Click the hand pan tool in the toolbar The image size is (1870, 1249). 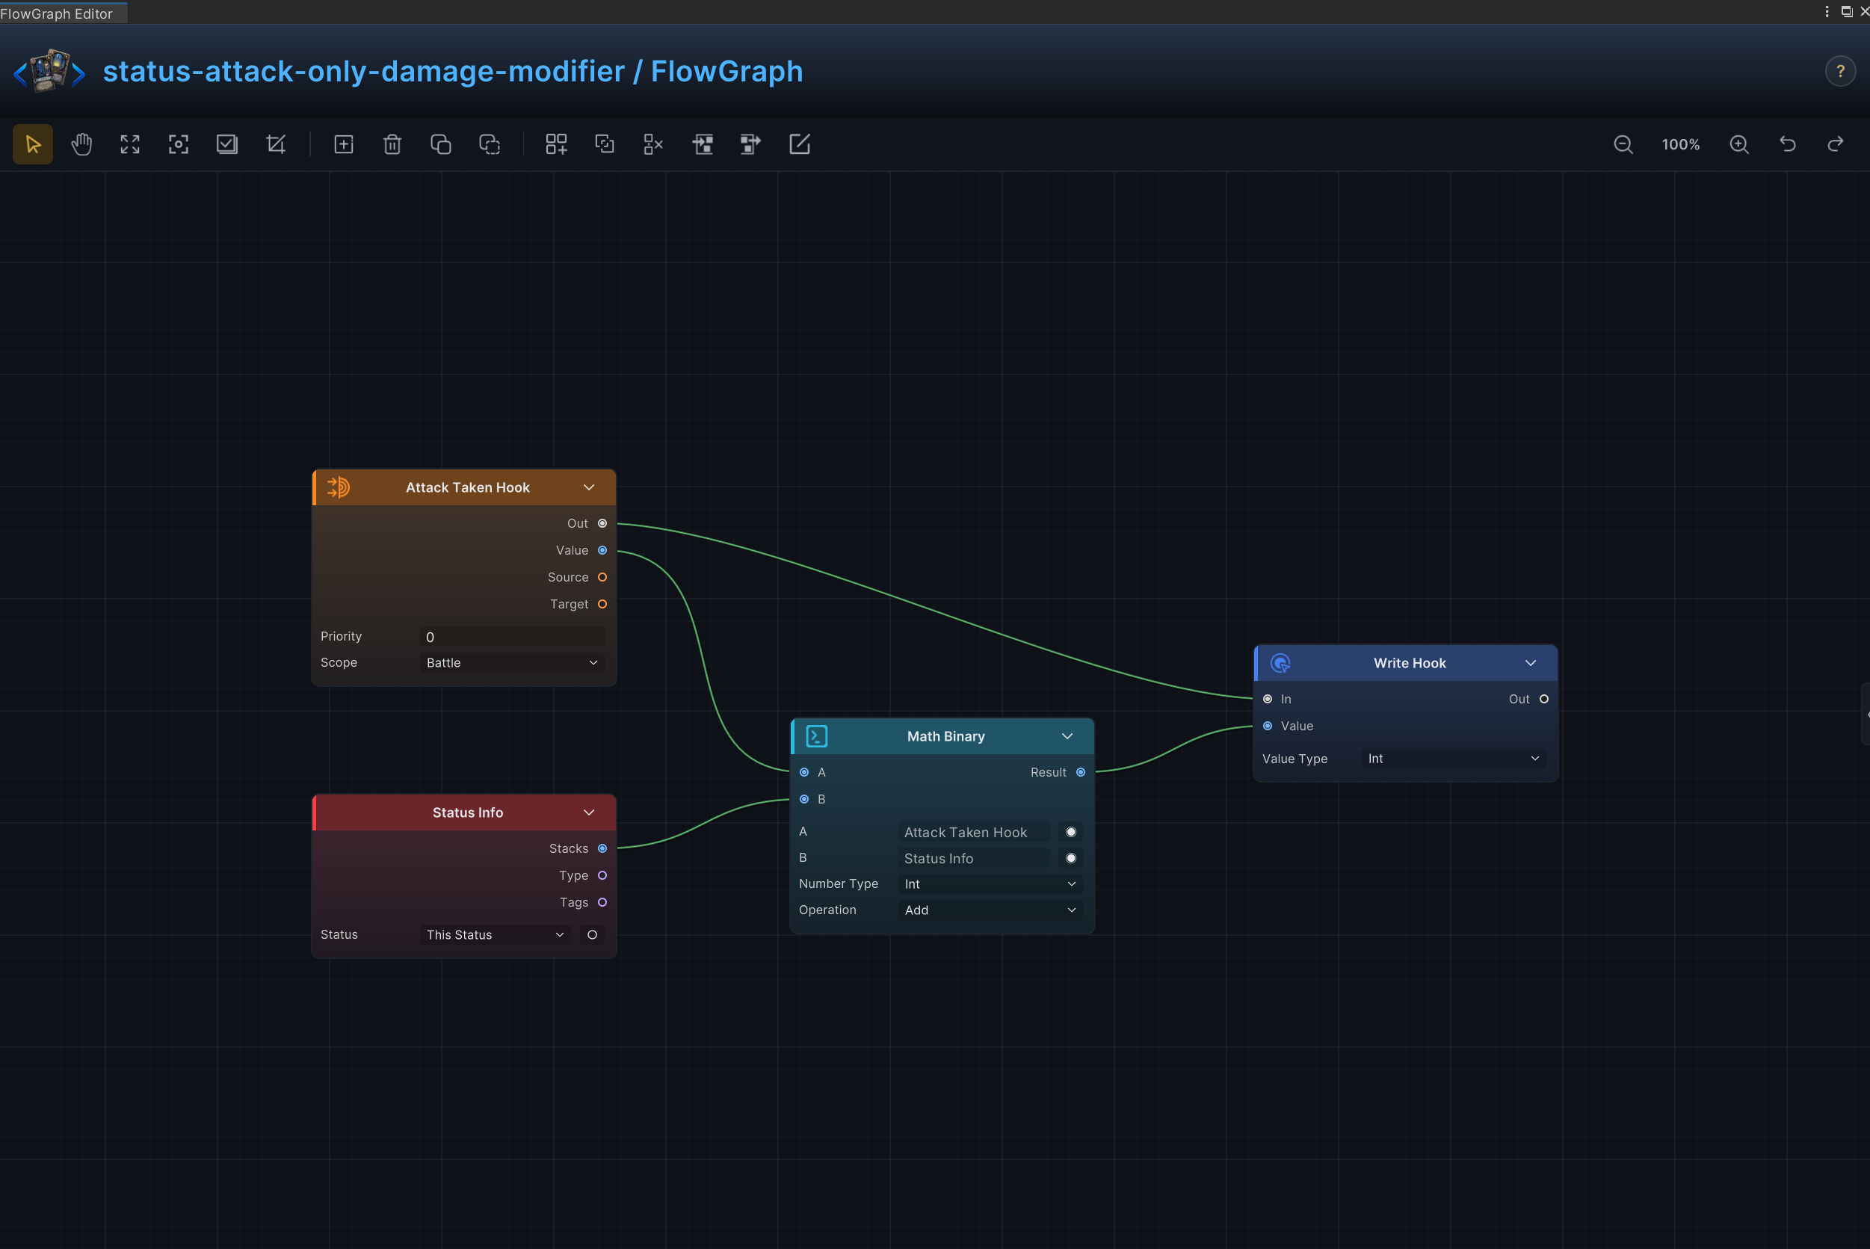coord(81,144)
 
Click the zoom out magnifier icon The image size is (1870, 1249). coord(1623,144)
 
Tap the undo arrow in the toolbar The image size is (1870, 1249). coord(1787,144)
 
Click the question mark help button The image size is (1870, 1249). coord(1840,72)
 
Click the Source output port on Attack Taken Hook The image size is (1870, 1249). coord(602,578)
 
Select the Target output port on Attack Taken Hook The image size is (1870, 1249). coord(602,605)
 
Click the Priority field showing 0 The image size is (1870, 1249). coord(511,636)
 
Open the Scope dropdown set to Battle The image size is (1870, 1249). coord(511,663)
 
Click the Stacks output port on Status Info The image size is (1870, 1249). coord(602,849)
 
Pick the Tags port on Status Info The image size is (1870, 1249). coord(602,902)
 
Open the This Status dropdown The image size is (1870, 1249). coord(495,935)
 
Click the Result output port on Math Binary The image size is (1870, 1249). coord(1081,773)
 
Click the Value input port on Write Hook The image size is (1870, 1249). coord(1268,727)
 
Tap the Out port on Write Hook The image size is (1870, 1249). coord(1544,700)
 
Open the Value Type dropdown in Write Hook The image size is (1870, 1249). coord(1454,759)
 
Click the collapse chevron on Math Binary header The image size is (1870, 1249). coord(1067,737)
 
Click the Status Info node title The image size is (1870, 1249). coord(468,812)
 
